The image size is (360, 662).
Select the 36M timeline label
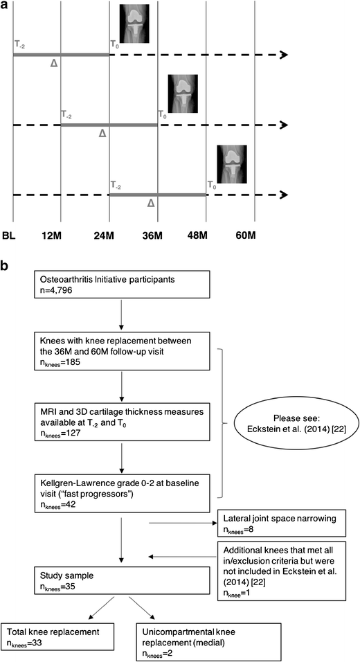157,237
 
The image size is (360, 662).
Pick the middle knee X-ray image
183,91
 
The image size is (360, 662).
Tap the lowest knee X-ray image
231,163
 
